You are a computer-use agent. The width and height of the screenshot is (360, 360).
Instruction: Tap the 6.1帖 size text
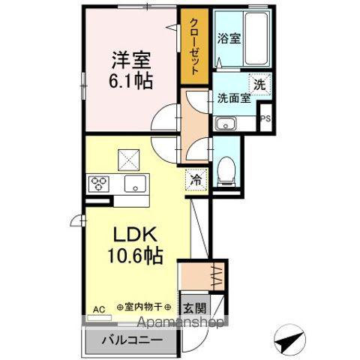click(131, 80)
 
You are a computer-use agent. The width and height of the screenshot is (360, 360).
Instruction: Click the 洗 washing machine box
click(259, 85)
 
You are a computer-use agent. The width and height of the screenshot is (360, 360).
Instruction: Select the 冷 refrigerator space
click(194, 179)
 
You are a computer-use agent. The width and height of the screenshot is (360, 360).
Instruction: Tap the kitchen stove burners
click(100, 183)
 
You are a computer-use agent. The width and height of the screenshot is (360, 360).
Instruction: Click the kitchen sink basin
click(134, 183)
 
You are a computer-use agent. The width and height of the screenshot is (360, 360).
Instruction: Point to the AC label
click(99, 307)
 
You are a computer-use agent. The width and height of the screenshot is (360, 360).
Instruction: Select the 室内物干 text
click(145, 307)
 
